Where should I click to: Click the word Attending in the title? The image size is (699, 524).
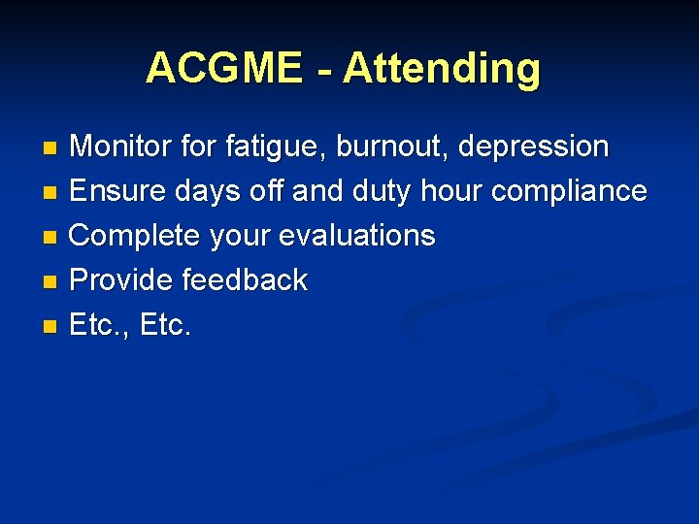(x=441, y=69)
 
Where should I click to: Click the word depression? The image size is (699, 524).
(x=533, y=147)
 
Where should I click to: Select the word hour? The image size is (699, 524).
(x=452, y=191)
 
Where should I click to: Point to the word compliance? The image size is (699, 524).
(x=569, y=191)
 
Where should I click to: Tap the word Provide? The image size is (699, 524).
(x=122, y=280)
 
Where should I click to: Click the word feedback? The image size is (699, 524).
(x=245, y=280)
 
